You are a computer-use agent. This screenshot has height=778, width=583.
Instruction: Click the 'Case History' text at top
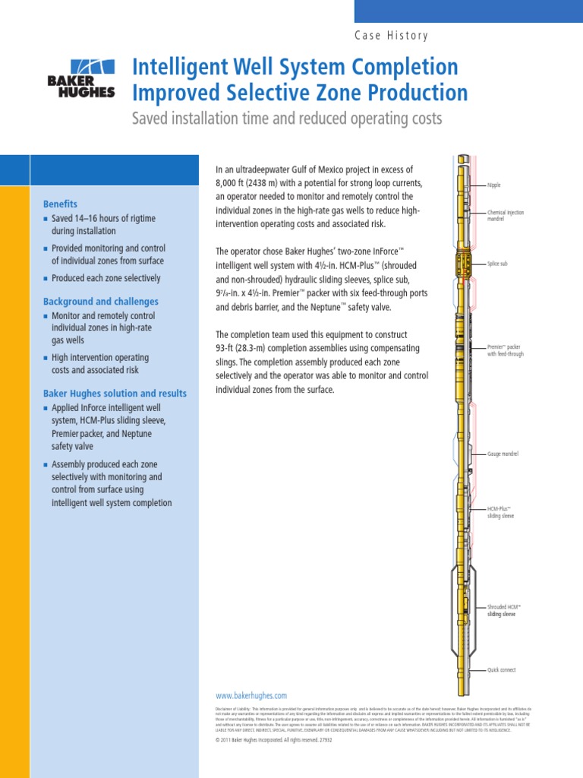(x=392, y=36)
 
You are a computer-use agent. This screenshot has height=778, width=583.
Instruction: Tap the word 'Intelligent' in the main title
(x=179, y=68)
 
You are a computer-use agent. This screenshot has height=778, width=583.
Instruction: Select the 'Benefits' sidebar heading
(x=60, y=204)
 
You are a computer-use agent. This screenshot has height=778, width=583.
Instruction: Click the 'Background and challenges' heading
(x=101, y=302)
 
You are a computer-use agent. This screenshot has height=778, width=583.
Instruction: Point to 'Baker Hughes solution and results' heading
(x=115, y=394)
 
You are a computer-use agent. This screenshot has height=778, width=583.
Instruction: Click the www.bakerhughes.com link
(x=251, y=695)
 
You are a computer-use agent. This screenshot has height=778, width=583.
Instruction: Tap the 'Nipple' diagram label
(x=494, y=185)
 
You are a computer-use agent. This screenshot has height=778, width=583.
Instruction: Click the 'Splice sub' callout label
(x=498, y=263)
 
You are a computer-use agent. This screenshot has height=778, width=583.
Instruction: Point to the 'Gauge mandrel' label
(x=503, y=454)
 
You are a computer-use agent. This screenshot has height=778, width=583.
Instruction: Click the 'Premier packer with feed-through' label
(x=506, y=350)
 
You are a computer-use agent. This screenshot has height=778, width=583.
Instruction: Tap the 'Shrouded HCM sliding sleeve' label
(x=504, y=610)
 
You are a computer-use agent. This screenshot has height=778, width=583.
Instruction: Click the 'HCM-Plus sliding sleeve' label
(x=500, y=511)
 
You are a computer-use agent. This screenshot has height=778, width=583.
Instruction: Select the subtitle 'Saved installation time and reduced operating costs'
(x=287, y=119)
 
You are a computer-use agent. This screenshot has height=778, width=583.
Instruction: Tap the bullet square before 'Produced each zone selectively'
(x=46, y=278)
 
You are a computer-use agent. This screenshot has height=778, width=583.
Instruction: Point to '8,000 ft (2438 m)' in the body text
(x=256, y=183)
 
